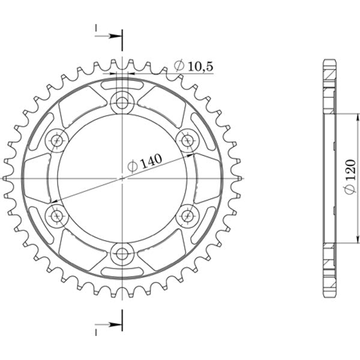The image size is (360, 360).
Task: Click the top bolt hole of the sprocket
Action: (122, 102)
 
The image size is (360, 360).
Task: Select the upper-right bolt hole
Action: (188, 140)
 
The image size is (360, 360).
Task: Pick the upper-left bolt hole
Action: (57, 140)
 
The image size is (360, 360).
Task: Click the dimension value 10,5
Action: (200, 66)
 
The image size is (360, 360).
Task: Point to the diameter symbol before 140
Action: (132, 166)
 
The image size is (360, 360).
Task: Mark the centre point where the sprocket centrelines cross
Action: (122, 178)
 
